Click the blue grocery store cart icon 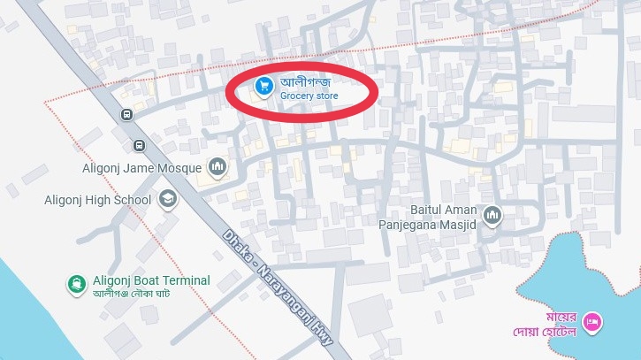pos(263,86)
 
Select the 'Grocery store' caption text pos(309,96)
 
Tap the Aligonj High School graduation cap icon pos(166,200)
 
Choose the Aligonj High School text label pos(97,200)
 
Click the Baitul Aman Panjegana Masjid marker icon pos(492,214)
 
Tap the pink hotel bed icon pos(593,323)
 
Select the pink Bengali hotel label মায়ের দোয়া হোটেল pos(551,325)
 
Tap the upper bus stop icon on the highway pos(128,114)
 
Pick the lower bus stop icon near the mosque pos(139,146)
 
